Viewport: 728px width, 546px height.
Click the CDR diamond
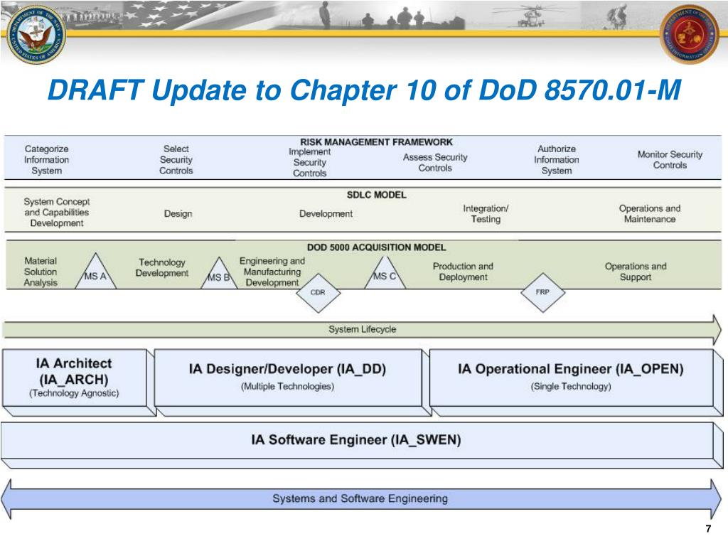click(318, 292)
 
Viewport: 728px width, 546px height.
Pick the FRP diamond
click(542, 292)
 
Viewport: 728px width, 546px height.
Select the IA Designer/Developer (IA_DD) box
click(287, 377)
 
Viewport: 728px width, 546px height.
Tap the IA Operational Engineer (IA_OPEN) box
click(570, 377)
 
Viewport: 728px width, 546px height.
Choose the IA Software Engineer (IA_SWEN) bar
click(356, 440)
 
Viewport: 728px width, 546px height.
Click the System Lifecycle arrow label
click(362, 329)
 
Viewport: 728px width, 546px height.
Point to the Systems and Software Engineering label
click(360, 498)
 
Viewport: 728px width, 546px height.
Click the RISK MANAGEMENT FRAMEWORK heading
click(376, 141)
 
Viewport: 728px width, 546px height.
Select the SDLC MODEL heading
click(376, 194)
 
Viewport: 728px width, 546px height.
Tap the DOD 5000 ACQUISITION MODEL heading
click(376, 247)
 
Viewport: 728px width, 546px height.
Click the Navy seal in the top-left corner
click(35, 34)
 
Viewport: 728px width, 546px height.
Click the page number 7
click(708, 529)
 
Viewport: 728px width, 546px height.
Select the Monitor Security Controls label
click(670, 159)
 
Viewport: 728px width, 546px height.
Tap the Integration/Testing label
click(486, 213)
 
